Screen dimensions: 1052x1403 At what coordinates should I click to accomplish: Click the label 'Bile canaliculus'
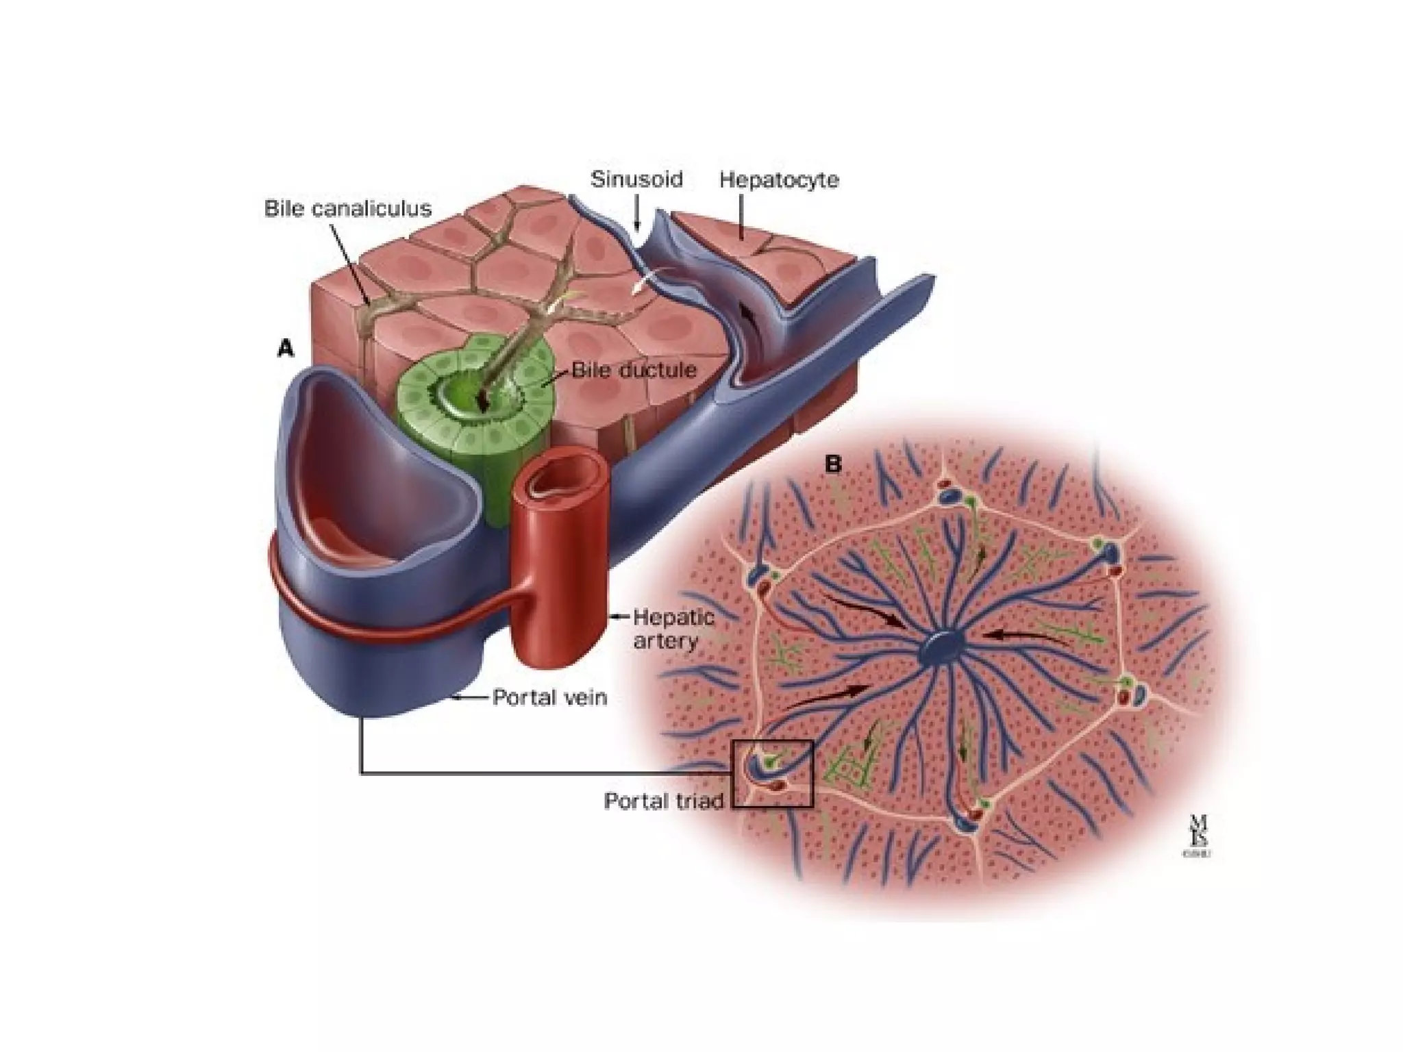coord(348,208)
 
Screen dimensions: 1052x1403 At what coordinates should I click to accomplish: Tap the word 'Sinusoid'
coord(636,179)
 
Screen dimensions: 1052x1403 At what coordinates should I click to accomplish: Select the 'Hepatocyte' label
coord(779,180)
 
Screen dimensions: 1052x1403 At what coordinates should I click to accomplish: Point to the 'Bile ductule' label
coord(634,371)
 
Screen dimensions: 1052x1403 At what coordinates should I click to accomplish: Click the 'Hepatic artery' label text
coord(673,629)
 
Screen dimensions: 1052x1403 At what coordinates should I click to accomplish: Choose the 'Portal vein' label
coord(550,697)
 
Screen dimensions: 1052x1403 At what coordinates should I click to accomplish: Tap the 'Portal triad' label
coord(663,801)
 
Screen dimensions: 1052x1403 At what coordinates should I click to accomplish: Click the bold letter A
coord(285,349)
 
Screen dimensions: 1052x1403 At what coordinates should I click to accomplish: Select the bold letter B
coord(832,464)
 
